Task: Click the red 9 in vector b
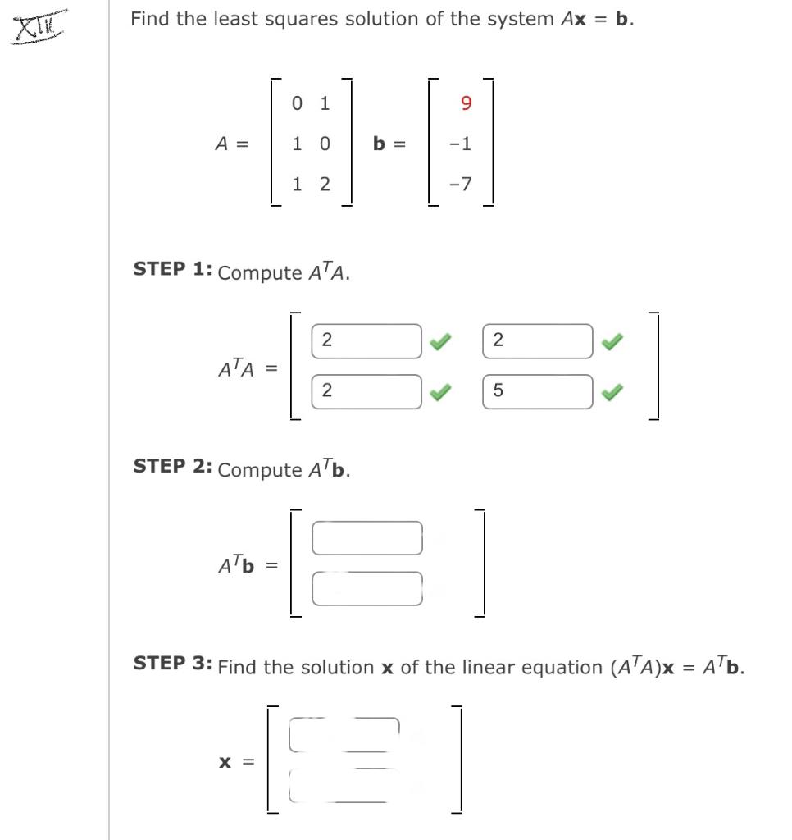(x=467, y=103)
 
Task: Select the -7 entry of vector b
(x=462, y=185)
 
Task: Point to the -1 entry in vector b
(x=462, y=144)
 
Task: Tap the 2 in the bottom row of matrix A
(x=325, y=185)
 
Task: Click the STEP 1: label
(x=173, y=270)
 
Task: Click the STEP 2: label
(x=173, y=467)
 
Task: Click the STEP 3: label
(x=173, y=664)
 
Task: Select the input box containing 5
(x=537, y=391)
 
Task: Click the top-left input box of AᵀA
(x=366, y=341)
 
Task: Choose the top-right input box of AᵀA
(x=537, y=341)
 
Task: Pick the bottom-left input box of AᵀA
(x=366, y=391)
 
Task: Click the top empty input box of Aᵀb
(x=366, y=538)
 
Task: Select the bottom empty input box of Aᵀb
(x=366, y=588)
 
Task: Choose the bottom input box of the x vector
(x=344, y=785)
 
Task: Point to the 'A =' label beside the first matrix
(x=231, y=144)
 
